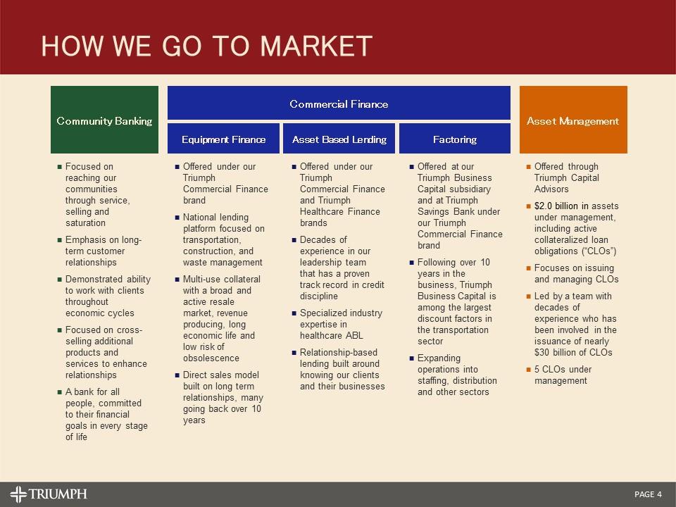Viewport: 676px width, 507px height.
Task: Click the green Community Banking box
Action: click(x=104, y=120)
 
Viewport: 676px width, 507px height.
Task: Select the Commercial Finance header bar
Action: click(x=339, y=104)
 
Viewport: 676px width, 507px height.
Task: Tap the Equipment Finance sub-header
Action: click(x=223, y=139)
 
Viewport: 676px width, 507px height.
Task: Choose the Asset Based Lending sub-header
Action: click(x=339, y=139)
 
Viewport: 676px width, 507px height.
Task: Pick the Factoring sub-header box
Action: click(x=454, y=139)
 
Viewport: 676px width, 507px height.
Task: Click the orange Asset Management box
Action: click(x=572, y=120)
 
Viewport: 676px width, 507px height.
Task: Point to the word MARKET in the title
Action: click(x=316, y=46)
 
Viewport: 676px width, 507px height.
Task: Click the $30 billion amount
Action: click(x=557, y=352)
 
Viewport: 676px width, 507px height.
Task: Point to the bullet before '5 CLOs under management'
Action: click(x=529, y=370)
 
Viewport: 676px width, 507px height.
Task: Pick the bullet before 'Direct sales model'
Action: click(x=177, y=375)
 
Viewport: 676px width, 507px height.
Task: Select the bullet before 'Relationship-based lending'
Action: click(x=294, y=353)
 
